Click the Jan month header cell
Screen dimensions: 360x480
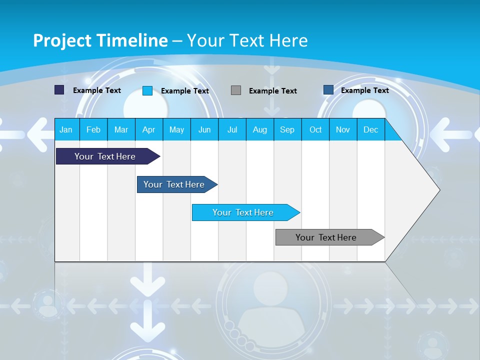[x=66, y=129]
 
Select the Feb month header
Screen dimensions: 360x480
[x=93, y=129]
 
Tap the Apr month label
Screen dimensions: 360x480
[x=148, y=129]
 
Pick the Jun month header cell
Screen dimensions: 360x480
[x=204, y=129]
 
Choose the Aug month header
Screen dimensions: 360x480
[x=259, y=129]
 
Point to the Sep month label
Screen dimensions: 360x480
[x=287, y=129]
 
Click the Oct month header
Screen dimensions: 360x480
[x=315, y=129]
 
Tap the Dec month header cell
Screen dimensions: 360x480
[x=370, y=129]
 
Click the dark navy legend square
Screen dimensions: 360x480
[x=59, y=90]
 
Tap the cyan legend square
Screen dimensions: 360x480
[x=147, y=90]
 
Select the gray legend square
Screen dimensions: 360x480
[x=236, y=90]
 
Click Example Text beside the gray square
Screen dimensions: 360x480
[x=272, y=91]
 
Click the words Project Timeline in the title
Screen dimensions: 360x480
[x=100, y=40]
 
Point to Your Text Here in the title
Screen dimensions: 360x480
[x=247, y=40]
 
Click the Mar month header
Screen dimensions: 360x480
[x=121, y=129]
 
